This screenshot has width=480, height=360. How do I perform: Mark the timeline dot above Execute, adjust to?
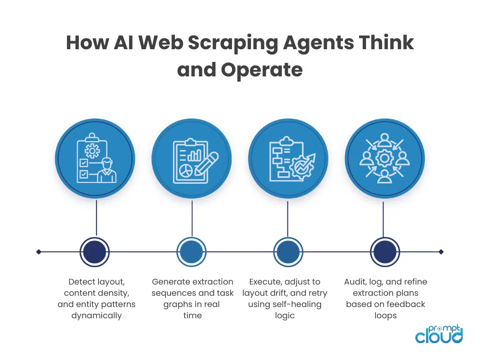(x=287, y=252)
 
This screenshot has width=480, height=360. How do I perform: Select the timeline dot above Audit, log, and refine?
(x=384, y=252)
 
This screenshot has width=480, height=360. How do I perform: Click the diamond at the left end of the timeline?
(x=39, y=252)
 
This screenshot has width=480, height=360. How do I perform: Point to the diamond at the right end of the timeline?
(x=441, y=252)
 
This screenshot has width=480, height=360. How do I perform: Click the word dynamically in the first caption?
(x=97, y=315)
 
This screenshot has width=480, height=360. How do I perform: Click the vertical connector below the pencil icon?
(x=192, y=218)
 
